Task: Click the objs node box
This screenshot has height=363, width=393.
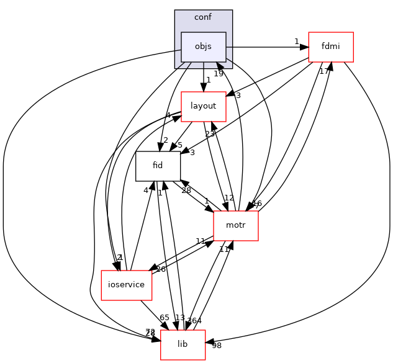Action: click(203, 47)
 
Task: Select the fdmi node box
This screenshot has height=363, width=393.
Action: click(331, 47)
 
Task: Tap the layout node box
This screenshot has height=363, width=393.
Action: click(203, 106)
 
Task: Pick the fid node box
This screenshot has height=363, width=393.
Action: click(158, 166)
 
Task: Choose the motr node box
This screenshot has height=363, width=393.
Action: click(235, 226)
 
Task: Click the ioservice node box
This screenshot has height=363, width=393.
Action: click(127, 285)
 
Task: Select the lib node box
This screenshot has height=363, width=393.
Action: click(183, 344)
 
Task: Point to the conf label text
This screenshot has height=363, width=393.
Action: click(203, 17)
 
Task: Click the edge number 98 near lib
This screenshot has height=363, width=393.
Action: click(217, 345)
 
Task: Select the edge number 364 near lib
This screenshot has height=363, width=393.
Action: click(195, 320)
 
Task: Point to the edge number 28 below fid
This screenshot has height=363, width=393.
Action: click(186, 190)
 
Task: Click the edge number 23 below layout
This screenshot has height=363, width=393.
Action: click(210, 134)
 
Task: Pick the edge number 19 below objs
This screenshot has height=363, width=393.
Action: click(218, 74)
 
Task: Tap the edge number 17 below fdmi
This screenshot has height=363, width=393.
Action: click(324, 71)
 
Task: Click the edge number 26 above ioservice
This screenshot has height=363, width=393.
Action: click(161, 269)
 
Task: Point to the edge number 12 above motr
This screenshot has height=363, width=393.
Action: click(228, 198)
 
